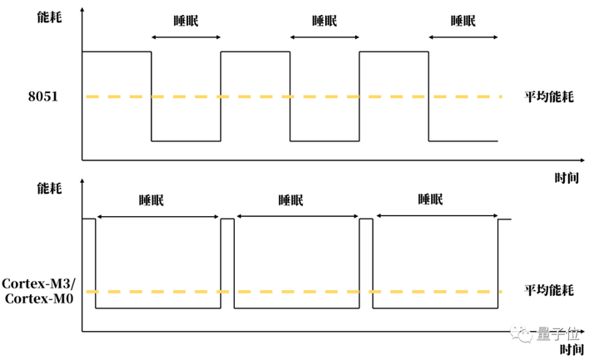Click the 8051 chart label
(42, 97)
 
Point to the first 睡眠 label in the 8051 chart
(186, 22)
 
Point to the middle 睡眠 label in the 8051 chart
(324, 22)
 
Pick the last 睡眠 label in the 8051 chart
(463, 22)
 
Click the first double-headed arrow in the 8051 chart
(186, 37)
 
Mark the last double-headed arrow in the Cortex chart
(436, 215)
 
